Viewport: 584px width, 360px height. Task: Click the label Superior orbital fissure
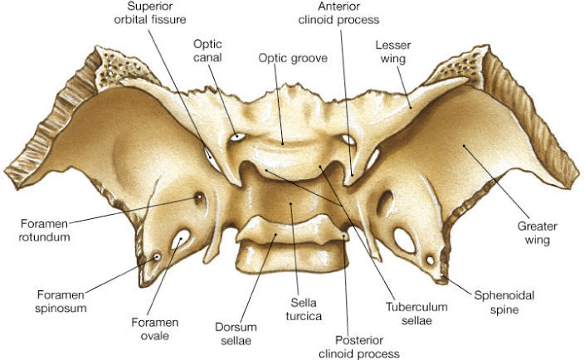[x=149, y=12]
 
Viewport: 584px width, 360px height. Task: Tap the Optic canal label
[x=207, y=51]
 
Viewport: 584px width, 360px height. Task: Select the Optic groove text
[x=293, y=58]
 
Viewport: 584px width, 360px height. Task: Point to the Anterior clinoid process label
[x=338, y=12]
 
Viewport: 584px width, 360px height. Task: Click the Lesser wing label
[x=393, y=51]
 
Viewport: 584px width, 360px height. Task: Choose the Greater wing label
[x=537, y=233]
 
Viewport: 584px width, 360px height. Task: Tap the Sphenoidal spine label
[x=504, y=302]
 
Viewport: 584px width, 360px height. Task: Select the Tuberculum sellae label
[x=416, y=314]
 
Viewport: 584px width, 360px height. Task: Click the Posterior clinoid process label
[x=359, y=347]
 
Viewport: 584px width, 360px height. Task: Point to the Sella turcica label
[x=304, y=309]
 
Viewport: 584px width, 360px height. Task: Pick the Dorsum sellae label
[x=236, y=333]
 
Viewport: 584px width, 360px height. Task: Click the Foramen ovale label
[x=155, y=329]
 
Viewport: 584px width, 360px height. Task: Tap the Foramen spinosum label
[x=61, y=302]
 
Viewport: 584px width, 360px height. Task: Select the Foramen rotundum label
[x=44, y=231]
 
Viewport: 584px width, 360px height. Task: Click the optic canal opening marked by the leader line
[x=237, y=137]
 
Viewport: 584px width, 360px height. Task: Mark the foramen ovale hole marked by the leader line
[x=181, y=239]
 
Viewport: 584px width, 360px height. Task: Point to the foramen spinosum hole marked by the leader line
[x=157, y=257]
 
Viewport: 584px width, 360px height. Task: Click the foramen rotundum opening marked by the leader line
[x=199, y=197]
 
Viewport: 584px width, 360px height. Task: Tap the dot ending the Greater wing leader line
[x=464, y=145]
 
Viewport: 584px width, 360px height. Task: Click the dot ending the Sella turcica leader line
[x=291, y=203]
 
